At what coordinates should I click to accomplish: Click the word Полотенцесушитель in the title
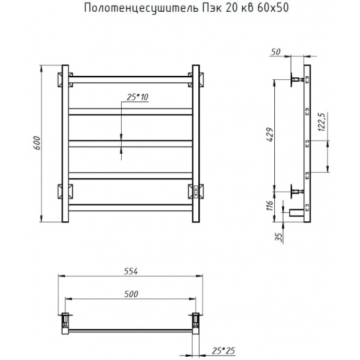point(138,9)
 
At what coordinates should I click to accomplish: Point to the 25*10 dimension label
point(135,97)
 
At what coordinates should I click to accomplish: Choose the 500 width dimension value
point(131,294)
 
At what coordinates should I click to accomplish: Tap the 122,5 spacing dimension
point(322,124)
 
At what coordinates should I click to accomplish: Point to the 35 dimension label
point(278,236)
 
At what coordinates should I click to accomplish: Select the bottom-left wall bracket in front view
point(65,192)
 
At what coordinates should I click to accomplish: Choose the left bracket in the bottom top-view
point(65,321)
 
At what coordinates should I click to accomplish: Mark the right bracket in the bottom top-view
point(195,321)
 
